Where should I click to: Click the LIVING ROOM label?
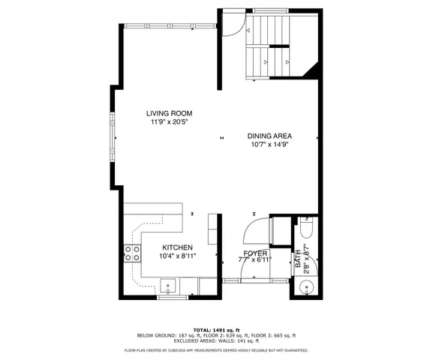(167, 113)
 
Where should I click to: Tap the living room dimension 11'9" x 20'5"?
(167, 121)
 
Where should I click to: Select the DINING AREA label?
(269, 136)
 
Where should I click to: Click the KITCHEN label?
(178, 247)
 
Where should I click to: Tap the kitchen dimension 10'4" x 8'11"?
(178, 256)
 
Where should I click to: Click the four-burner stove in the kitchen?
(132, 253)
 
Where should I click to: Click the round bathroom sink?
(308, 286)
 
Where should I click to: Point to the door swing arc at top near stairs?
(233, 25)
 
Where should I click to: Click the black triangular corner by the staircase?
(315, 70)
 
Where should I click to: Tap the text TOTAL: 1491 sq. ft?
(216, 329)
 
